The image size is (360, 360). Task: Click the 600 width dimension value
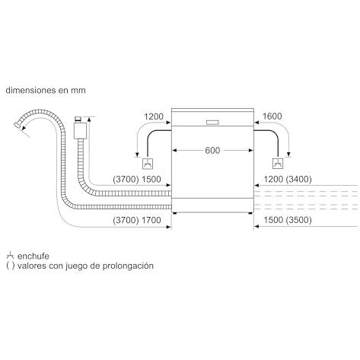point(212,151)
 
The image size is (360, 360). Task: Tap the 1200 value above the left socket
point(154,116)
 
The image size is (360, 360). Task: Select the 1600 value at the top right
point(272,116)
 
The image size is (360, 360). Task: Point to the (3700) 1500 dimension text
point(137,180)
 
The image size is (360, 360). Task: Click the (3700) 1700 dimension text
point(137,220)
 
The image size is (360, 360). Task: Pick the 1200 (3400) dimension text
point(288,180)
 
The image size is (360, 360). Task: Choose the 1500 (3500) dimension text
point(288,220)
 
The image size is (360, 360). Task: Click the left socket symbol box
point(148,164)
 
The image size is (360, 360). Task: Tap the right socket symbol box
point(278,164)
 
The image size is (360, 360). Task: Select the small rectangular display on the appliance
point(212,123)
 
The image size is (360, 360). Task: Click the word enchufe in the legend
point(33,256)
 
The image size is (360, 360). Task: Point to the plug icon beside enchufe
point(10,255)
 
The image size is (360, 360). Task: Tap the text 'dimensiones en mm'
point(46,91)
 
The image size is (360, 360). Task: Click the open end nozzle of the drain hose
point(18,125)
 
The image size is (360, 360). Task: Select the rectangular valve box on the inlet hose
point(80,130)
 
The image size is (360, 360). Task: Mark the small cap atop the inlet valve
point(78,119)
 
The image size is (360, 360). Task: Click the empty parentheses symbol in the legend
point(11,266)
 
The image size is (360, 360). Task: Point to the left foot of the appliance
point(174,214)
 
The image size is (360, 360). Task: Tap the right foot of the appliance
point(250,214)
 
